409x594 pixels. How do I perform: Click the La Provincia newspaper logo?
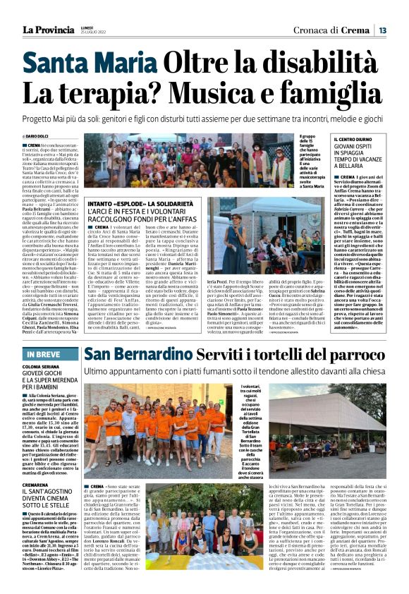pos(46,30)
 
